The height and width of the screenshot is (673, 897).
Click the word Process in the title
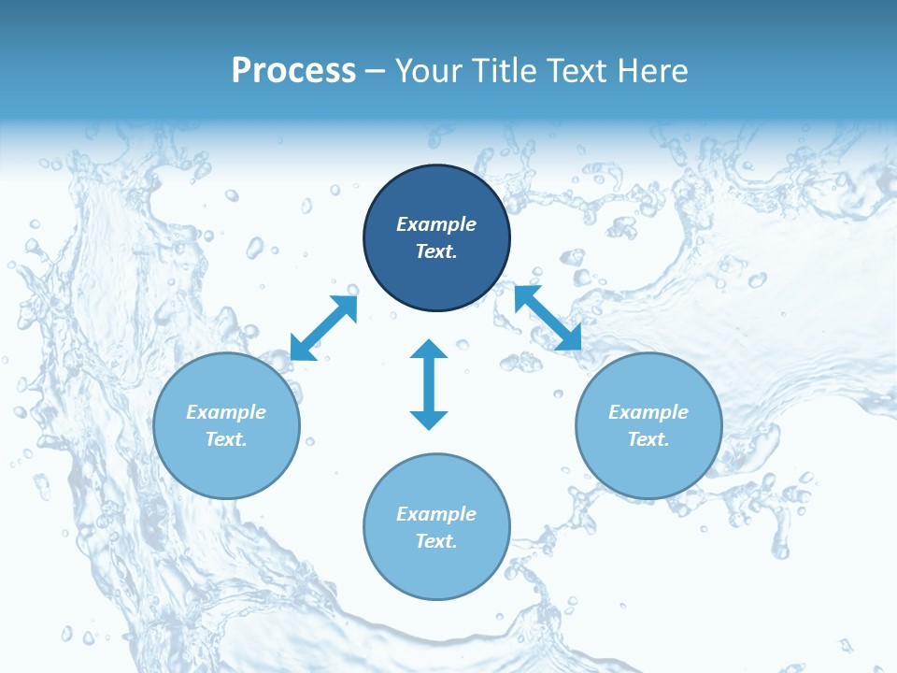pos(293,71)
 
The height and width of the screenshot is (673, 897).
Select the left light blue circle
pos(226,467)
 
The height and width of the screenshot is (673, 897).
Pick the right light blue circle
pos(648,467)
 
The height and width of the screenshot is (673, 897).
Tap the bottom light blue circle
pos(436,570)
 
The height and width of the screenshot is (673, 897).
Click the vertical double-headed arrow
pos(429,384)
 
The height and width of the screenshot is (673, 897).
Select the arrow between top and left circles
pos(323,327)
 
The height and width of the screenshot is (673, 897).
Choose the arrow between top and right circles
pos(548,318)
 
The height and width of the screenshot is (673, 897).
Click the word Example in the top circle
pos(436,224)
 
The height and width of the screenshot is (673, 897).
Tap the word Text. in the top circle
pos(436,251)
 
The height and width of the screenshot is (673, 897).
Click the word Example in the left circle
pos(226,412)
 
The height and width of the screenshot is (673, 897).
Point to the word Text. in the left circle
pos(226,439)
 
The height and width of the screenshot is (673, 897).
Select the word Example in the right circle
pos(648,412)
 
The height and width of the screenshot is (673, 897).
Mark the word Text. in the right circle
pos(648,439)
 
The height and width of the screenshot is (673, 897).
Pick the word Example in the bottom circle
pos(436,514)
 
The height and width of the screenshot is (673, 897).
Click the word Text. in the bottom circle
pos(436,541)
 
